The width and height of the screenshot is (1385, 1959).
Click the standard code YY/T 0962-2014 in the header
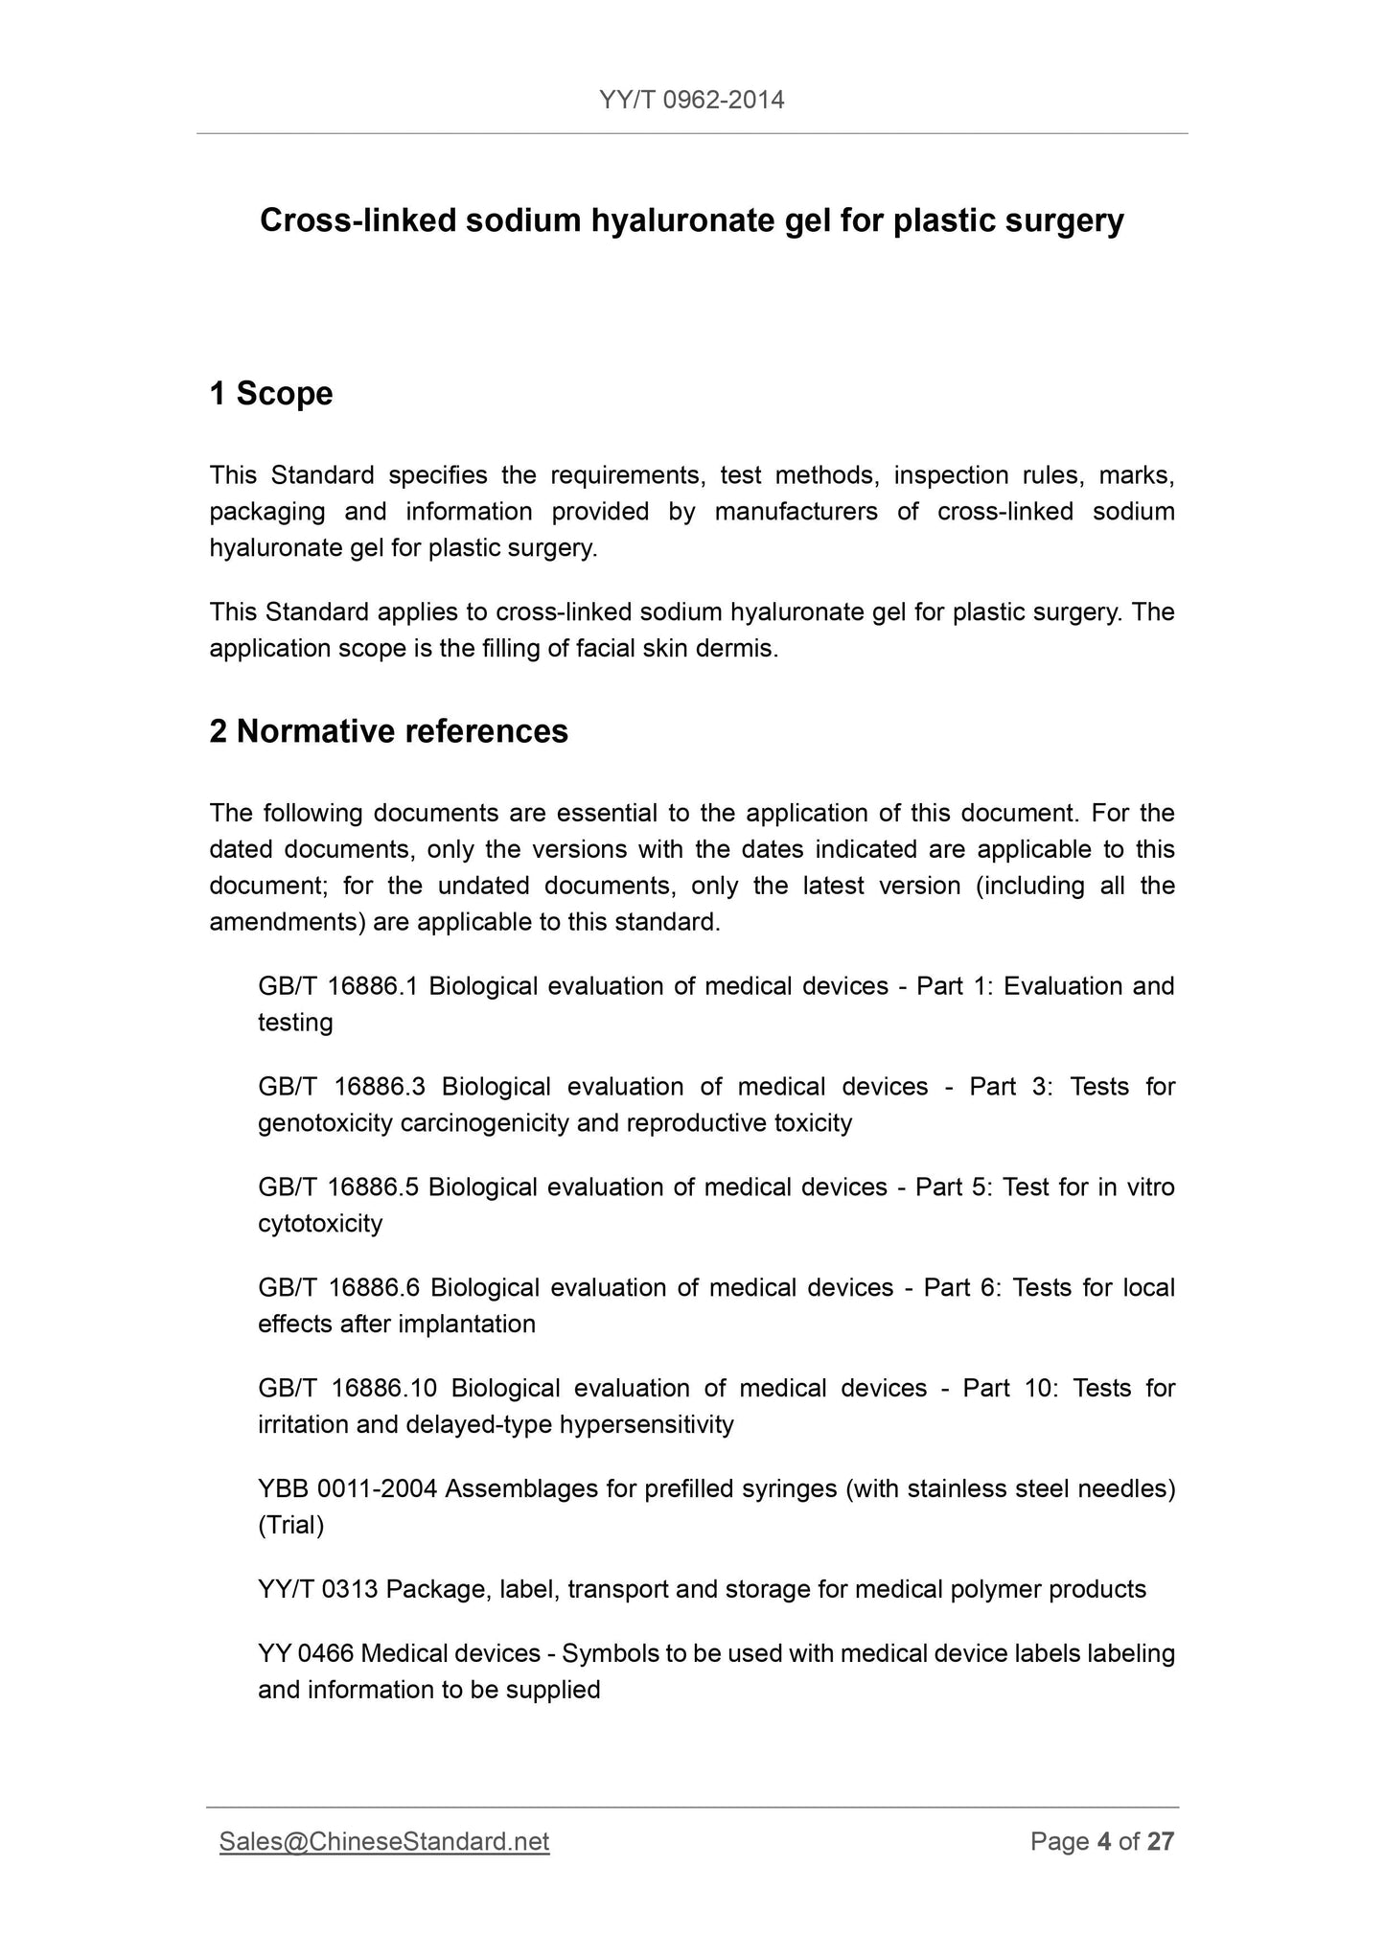pyautogui.click(x=691, y=100)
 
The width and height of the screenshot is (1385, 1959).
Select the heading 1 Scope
pyautogui.click(x=271, y=394)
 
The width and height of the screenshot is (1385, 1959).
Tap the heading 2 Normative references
pyautogui.click(x=388, y=731)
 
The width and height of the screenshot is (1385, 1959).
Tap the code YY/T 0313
pyautogui.click(x=318, y=1590)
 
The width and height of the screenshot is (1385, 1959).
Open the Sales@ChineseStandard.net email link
pyautogui.click(x=384, y=1842)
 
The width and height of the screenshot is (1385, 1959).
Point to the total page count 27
pyautogui.click(x=1161, y=1842)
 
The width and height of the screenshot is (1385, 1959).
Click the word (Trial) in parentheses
pyautogui.click(x=291, y=1526)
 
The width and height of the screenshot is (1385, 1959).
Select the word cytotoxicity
pyautogui.click(x=320, y=1224)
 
